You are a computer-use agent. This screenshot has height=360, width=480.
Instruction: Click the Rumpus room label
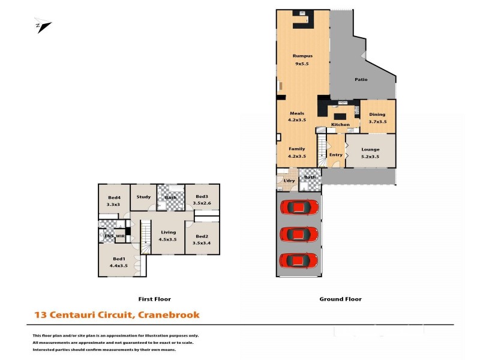coord(302,56)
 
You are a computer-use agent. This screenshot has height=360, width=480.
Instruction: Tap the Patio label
coord(361,79)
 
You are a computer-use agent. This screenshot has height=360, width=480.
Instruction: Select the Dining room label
coord(377,114)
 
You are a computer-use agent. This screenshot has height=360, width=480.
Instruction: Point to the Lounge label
coord(370,149)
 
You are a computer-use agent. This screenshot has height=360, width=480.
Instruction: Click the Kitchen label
coord(340,125)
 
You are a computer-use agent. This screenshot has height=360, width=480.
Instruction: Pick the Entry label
coord(336,155)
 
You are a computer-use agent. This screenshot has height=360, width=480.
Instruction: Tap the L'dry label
coord(289,181)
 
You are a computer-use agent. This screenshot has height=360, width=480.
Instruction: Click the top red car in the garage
coord(299,207)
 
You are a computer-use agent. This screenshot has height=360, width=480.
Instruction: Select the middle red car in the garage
coord(299,234)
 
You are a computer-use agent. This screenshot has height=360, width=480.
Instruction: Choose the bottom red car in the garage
coord(299,260)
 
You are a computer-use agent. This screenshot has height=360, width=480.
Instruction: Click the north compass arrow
coord(43,25)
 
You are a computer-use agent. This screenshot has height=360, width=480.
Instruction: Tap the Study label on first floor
coord(143,197)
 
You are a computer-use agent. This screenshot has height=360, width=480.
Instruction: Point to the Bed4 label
coord(114,198)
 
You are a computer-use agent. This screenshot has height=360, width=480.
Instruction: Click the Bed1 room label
coord(118,259)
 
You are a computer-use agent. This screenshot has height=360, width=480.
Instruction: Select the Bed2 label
coord(202,236)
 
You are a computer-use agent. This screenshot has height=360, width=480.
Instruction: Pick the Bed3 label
coord(202,197)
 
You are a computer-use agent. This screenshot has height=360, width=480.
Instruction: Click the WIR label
coord(120,236)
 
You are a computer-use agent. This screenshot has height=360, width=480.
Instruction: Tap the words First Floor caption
coord(154,299)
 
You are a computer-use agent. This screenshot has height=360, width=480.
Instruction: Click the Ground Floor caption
coord(340,299)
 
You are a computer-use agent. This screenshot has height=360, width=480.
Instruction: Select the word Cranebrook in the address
coord(169,314)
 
